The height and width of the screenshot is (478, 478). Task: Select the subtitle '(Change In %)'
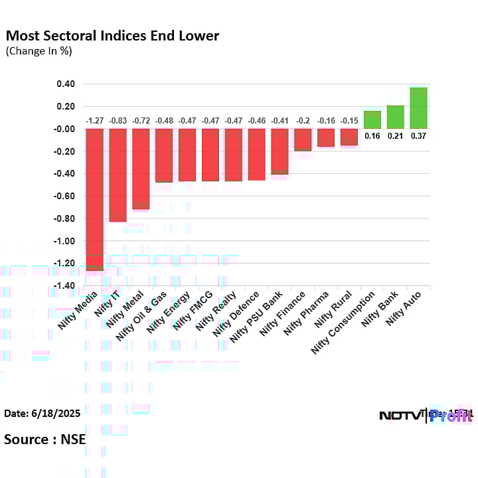(39, 51)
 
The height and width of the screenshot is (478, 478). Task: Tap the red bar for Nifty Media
(94, 199)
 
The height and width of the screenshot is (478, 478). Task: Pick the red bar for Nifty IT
(118, 175)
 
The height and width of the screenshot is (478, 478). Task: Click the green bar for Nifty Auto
(418, 108)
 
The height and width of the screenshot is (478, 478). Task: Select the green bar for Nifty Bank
(395, 117)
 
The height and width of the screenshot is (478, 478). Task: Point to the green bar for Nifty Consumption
(372, 119)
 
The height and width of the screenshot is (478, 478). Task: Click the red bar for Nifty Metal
(141, 169)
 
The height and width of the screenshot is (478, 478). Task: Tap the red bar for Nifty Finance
(303, 139)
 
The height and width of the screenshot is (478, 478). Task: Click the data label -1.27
(94, 121)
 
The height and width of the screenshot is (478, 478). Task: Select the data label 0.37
(418, 135)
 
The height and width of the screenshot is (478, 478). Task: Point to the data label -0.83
(118, 121)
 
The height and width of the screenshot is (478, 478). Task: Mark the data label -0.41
(279, 121)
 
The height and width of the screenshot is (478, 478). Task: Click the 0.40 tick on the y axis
(65, 84)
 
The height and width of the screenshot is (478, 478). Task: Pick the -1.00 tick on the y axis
(64, 241)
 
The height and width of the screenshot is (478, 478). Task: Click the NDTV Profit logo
(425, 416)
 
